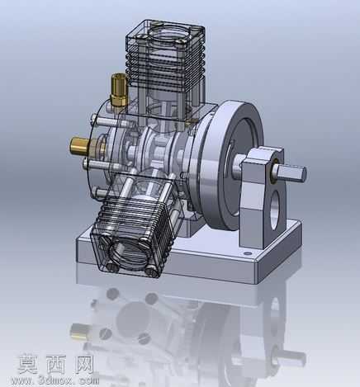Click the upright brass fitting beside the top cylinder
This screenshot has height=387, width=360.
point(119,90)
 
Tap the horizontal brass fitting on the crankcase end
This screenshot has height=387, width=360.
point(80,145)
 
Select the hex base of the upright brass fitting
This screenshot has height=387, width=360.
point(119,100)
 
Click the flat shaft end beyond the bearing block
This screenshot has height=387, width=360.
point(292,173)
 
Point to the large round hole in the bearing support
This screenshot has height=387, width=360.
point(276,210)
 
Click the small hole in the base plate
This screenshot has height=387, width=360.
point(248,253)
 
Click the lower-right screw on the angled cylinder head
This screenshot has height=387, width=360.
point(152,271)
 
